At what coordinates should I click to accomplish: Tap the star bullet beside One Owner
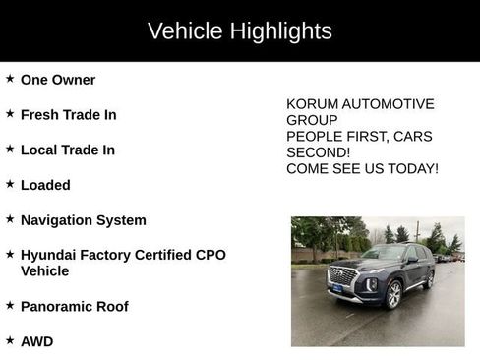tap(10, 79)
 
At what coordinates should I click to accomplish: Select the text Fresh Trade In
tap(68, 115)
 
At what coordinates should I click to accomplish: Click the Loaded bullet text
tap(45, 185)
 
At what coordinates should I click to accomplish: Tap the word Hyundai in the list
tap(50, 255)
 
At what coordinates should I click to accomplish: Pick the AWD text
tap(36, 342)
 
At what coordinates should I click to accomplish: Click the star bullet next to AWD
tap(10, 341)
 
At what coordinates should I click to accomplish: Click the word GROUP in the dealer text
tap(311, 120)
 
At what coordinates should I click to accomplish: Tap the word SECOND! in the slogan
tap(318, 152)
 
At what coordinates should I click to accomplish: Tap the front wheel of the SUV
tap(392, 294)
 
